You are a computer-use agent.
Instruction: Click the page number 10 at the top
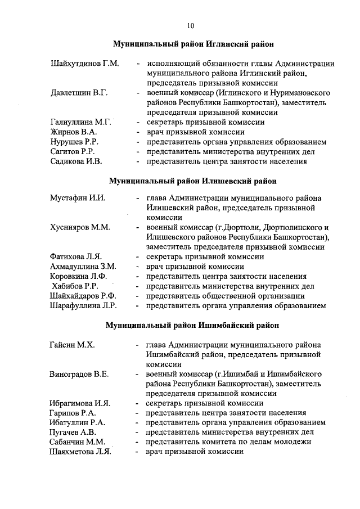(191, 25)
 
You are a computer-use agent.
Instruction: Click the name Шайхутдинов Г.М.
(84, 64)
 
